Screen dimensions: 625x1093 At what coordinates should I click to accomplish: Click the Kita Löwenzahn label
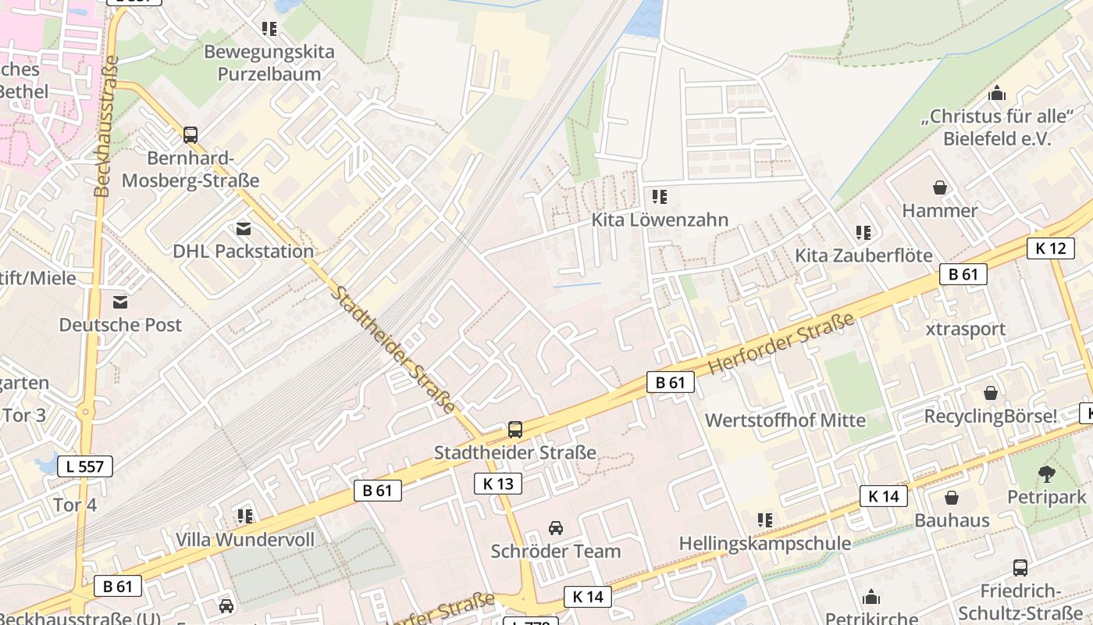click(x=660, y=220)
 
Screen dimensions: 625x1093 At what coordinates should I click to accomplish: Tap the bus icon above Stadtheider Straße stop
click(x=515, y=429)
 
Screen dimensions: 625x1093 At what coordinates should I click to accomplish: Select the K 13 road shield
click(x=498, y=484)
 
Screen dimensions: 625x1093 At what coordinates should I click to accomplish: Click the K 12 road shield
click(x=1050, y=248)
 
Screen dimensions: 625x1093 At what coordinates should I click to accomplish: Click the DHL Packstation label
click(x=244, y=251)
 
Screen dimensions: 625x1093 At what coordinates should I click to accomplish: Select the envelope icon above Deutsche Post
click(x=120, y=302)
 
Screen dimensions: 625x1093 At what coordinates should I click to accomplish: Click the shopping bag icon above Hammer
click(x=940, y=187)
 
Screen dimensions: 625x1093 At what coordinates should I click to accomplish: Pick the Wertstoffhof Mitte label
click(x=785, y=420)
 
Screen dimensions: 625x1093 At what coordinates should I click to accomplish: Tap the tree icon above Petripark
click(x=1046, y=473)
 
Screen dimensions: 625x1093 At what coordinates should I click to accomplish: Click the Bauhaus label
click(x=952, y=520)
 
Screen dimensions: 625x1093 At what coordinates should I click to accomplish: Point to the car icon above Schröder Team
click(x=556, y=528)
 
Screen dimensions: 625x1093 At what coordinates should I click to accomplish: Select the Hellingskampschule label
click(x=765, y=543)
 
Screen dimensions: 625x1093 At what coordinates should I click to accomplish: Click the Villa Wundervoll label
click(x=245, y=540)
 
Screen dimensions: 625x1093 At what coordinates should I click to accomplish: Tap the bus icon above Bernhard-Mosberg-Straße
click(x=190, y=134)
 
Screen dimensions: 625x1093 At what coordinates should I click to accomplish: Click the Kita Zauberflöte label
click(x=863, y=255)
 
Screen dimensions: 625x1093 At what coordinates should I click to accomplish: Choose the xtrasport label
click(x=965, y=329)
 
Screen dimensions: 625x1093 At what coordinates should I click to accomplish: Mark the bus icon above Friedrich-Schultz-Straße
click(x=1020, y=568)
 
